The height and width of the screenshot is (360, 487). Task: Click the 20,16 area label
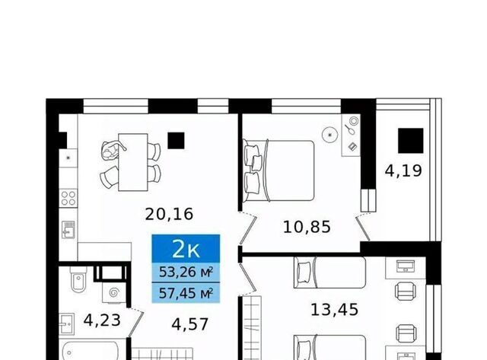coord(169,214)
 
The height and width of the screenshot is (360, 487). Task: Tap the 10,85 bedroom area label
coord(307,227)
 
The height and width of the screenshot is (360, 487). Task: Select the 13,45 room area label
coord(335,309)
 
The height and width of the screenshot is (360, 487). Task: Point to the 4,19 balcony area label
coord(403,170)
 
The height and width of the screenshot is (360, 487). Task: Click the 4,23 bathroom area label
coord(102,320)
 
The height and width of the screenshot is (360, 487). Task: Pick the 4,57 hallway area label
coord(189,324)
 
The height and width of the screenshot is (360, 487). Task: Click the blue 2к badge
coord(186,249)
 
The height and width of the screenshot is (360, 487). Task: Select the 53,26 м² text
coord(186,272)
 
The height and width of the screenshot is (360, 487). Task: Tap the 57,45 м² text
coord(186,292)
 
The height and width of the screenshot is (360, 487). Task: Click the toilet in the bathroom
coord(78,279)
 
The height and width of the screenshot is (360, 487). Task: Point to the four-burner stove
coord(68,198)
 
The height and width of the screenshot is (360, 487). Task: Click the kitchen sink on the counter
coord(68,230)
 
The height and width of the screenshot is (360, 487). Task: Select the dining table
coord(133,162)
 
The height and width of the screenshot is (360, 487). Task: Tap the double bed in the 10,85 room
coord(279,170)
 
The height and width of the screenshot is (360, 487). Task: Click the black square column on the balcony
coord(411,141)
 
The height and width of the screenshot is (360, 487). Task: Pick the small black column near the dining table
coord(176,141)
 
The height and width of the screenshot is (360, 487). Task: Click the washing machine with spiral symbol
coord(114,292)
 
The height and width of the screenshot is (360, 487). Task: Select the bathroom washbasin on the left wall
coord(67,324)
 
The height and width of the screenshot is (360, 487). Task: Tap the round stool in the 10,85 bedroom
coord(330,135)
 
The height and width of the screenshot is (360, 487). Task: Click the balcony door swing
coord(362,228)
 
